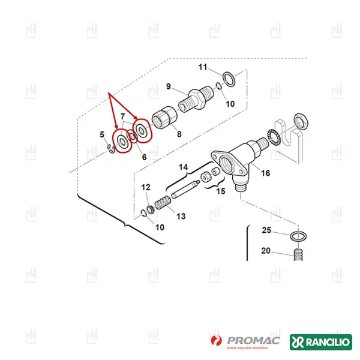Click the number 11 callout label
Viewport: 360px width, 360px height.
click(203, 66)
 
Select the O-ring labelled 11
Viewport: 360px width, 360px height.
click(229, 77)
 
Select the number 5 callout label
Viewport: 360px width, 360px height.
click(101, 134)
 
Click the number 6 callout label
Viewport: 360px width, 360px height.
click(144, 157)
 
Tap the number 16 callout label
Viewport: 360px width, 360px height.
click(265, 173)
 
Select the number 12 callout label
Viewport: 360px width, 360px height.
click(146, 188)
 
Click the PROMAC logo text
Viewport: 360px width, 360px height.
click(251, 340)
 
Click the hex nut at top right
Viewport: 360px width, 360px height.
click(303, 119)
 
